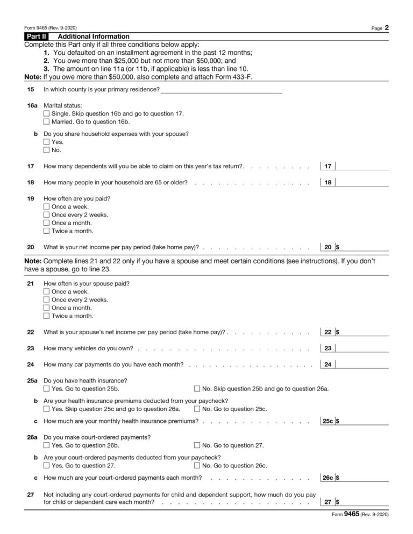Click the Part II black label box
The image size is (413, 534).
coord(36,37)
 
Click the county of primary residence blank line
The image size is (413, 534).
coord(221,89)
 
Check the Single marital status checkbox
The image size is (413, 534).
coord(46,114)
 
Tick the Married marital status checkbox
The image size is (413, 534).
coord(46,122)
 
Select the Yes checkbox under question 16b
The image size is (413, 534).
coord(46,142)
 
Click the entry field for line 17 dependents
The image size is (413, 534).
coord(362,166)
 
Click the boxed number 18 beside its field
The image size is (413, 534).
coord(327,183)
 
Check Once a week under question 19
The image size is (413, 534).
coord(46,207)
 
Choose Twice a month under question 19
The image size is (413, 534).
coord(46,231)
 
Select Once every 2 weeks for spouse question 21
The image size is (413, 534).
coord(46,300)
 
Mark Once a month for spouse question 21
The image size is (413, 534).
coord(46,308)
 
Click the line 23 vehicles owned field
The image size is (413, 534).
coord(362,348)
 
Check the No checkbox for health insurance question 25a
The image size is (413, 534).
coord(197,388)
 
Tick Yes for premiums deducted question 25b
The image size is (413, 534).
coord(46,409)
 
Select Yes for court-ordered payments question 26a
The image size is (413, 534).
coord(46,445)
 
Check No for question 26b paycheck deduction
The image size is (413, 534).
coord(197,466)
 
